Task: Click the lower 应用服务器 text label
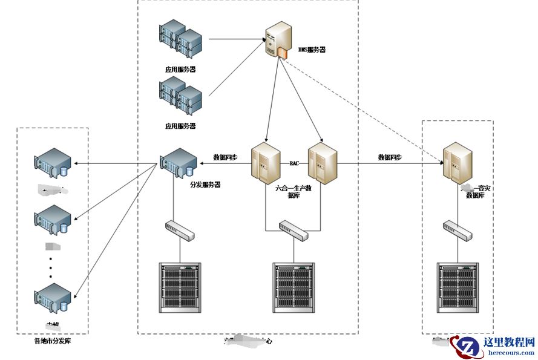(x=180, y=126)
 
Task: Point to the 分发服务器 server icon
(x=179, y=161)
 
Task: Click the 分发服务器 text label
(x=205, y=184)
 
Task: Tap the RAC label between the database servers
(x=294, y=163)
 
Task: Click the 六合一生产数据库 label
(x=294, y=192)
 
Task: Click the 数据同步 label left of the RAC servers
(x=225, y=157)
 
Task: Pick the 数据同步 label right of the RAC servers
(x=390, y=157)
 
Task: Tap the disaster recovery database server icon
(x=457, y=162)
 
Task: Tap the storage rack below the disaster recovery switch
(x=458, y=287)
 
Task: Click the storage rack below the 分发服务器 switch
(x=179, y=287)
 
